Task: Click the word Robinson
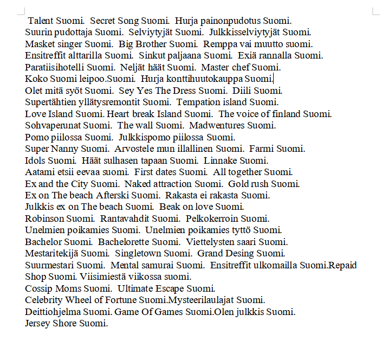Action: click(45, 218)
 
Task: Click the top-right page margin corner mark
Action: click(375, 11)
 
